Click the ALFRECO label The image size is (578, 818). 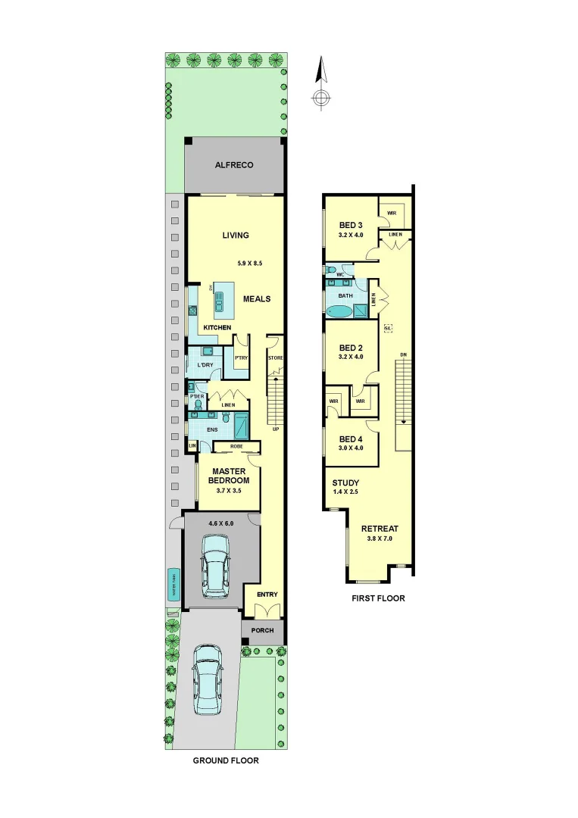[234, 164]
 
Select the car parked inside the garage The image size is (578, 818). [217, 565]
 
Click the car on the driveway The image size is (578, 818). [208, 679]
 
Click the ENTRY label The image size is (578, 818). [267, 595]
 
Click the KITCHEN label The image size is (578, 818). [217, 327]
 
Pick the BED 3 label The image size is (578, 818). [351, 225]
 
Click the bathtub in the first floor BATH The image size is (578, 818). [339, 311]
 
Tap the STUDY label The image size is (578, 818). [345, 482]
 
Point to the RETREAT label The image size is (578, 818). [380, 529]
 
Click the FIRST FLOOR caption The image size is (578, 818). [378, 598]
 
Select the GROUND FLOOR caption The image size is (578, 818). [226, 760]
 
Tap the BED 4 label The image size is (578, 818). [351, 439]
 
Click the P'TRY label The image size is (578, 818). [242, 357]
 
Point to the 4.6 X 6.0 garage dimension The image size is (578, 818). [221, 523]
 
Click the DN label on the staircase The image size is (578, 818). [403, 355]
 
